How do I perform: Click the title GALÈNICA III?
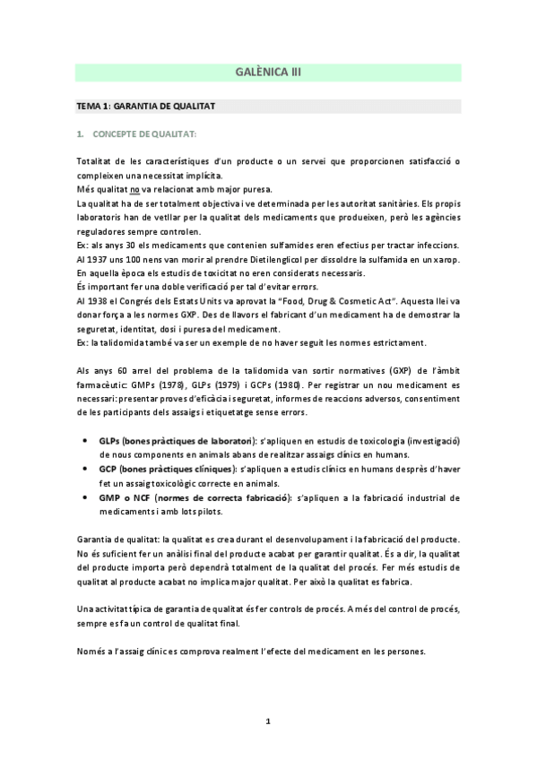pos(268,73)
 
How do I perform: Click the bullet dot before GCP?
pos(83,469)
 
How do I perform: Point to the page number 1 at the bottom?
pos(268,720)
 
